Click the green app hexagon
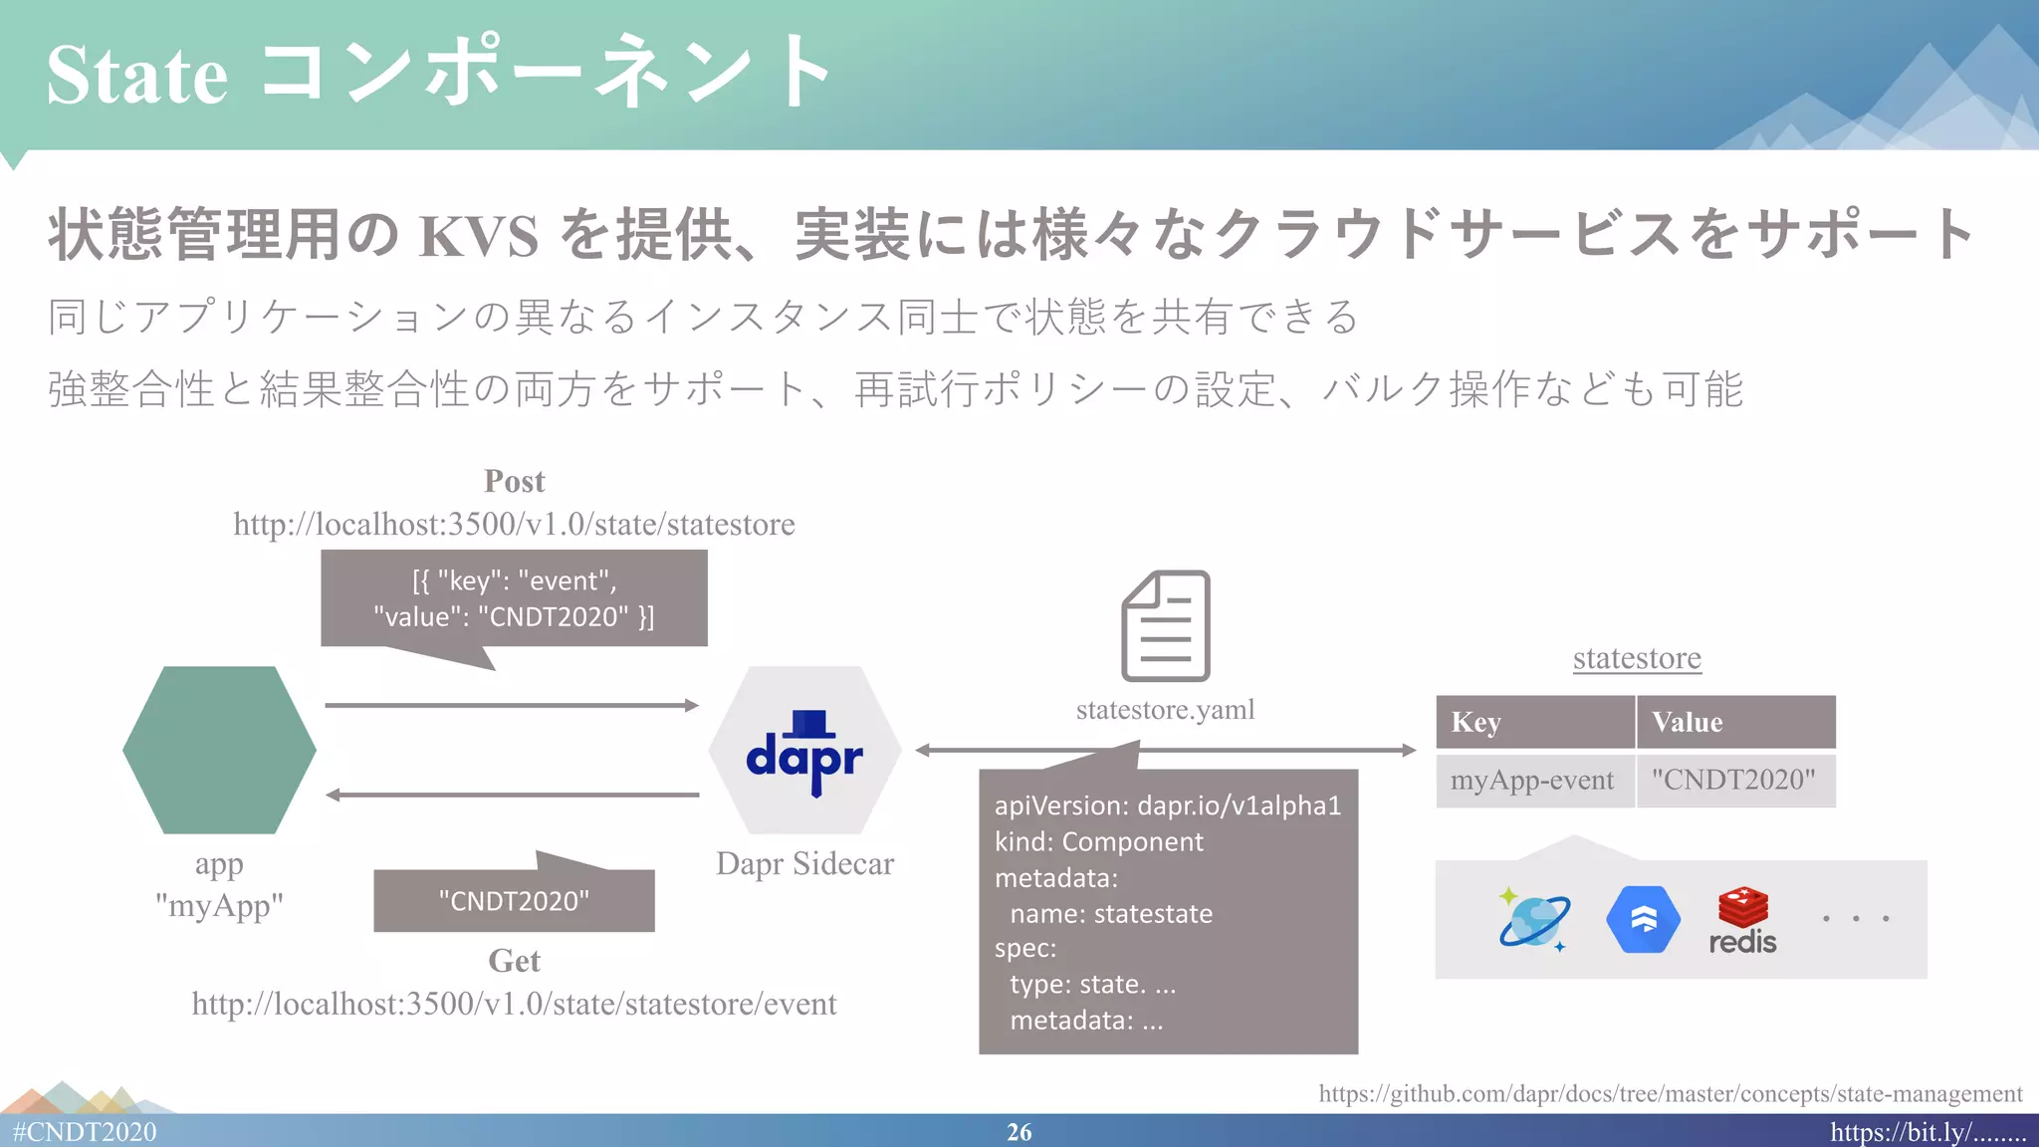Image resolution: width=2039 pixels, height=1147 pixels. [219, 750]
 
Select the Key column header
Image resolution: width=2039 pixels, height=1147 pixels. [1534, 722]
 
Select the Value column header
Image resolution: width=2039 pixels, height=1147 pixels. [1735, 722]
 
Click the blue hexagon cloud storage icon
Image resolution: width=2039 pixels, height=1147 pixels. [1643, 919]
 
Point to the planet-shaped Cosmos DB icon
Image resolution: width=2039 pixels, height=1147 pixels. [1534, 919]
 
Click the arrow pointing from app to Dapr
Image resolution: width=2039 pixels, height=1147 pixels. [512, 705]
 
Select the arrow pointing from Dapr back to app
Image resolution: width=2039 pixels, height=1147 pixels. [512, 795]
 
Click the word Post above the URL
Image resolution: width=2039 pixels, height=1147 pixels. [514, 481]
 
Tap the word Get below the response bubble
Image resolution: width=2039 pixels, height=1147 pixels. [514, 961]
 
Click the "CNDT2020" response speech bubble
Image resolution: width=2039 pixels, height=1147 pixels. [514, 901]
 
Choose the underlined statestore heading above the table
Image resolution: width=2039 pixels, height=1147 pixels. [1637, 658]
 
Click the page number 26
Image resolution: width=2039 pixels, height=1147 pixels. [1019, 1132]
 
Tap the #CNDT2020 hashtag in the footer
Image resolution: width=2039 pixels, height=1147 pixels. [85, 1132]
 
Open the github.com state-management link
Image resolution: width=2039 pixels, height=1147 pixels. [1670, 1093]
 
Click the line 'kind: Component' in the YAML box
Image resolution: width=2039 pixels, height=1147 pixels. [1098, 841]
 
